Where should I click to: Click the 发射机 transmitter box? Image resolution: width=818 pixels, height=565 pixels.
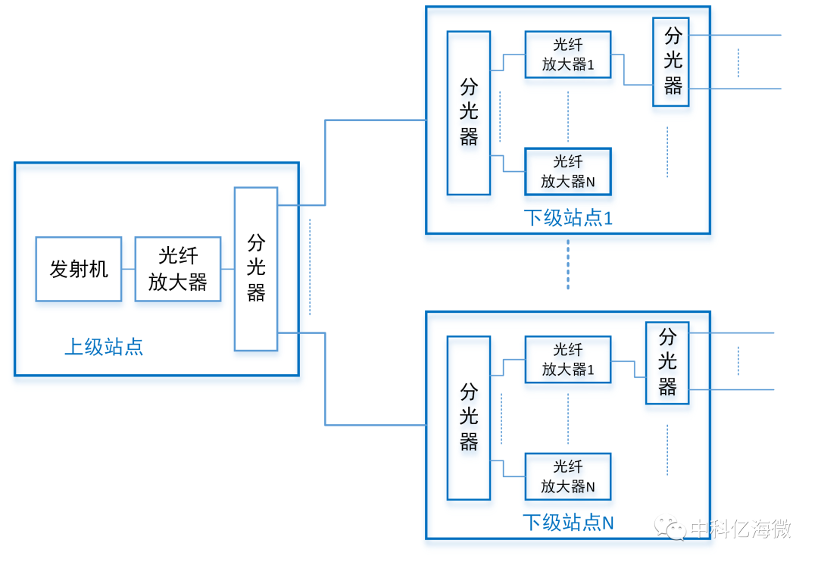(79, 269)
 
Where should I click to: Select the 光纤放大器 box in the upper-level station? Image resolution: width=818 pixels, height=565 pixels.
(178, 269)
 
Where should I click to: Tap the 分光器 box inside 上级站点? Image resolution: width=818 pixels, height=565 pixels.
(256, 269)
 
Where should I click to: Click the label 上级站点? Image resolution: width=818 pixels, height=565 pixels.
(104, 348)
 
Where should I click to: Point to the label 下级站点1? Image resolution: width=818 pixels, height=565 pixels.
(568, 218)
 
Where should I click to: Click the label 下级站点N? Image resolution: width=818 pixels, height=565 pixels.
(568, 523)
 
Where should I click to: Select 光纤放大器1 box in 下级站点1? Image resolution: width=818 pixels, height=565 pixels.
(568, 55)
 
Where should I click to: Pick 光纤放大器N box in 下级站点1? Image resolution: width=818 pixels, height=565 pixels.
(568, 171)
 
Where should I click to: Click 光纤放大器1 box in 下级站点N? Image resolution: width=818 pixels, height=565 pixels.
(568, 359)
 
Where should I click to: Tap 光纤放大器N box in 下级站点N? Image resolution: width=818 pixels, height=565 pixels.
(568, 476)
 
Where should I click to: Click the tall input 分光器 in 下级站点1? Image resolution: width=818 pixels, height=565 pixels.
(469, 113)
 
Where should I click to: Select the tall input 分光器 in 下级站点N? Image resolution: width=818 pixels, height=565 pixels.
(469, 417)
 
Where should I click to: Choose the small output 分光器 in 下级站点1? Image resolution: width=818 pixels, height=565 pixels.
(672, 61)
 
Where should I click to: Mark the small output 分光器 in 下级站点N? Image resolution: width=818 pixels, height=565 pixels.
(667, 362)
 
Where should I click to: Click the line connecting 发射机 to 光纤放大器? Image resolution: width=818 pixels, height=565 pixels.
(128, 269)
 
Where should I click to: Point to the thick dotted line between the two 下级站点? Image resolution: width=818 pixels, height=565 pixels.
(568, 265)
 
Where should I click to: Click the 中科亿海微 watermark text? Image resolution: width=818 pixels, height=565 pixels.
(741, 528)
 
